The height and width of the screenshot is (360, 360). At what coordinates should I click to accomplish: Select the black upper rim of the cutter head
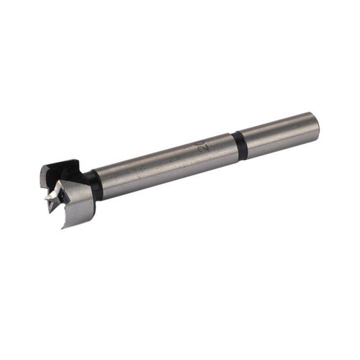click(59, 166)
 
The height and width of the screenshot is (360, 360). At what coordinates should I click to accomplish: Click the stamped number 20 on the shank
click(202, 149)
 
